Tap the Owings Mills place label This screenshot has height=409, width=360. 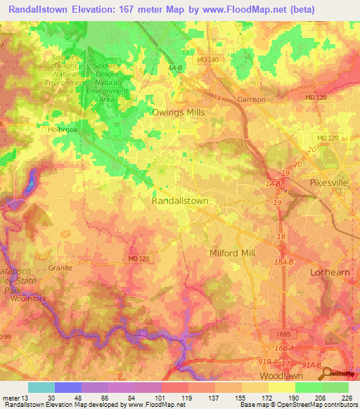click(x=178, y=111)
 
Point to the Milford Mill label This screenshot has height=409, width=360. click(x=233, y=253)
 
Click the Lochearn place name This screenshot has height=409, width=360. click(x=330, y=271)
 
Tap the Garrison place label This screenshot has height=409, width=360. click(x=251, y=100)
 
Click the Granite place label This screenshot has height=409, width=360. click(x=60, y=268)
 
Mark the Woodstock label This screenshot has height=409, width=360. click(x=29, y=299)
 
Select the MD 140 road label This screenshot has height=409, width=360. click(x=208, y=60)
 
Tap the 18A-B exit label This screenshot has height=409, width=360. click(x=283, y=261)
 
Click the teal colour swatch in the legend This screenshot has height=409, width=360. click(x=41, y=387)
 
